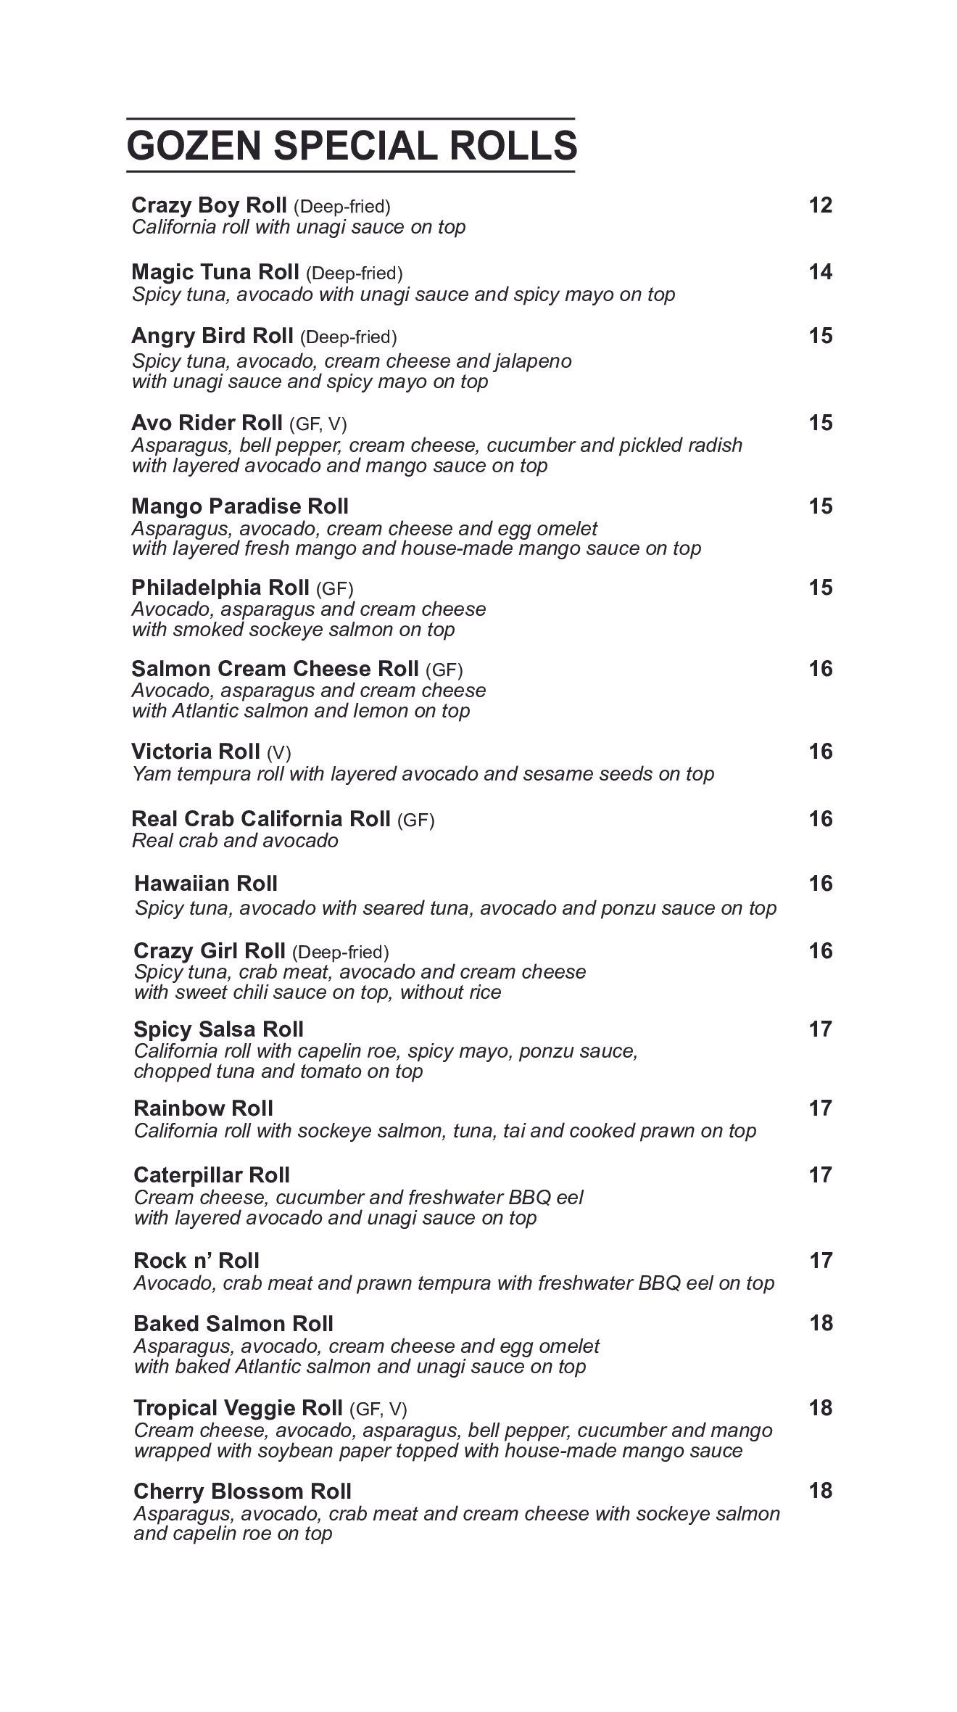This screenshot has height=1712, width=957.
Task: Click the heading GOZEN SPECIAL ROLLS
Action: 352,145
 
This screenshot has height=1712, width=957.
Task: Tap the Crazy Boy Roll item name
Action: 209,205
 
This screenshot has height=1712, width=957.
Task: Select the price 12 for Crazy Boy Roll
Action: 820,205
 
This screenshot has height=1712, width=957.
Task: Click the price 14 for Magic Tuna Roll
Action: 820,272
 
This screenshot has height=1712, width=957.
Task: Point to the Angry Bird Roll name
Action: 212,336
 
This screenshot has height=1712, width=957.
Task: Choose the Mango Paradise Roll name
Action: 240,506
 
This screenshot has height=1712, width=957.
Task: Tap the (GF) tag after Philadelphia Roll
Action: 334,588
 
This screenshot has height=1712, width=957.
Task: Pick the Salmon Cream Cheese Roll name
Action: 275,668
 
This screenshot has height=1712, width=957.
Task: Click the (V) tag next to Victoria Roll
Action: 278,752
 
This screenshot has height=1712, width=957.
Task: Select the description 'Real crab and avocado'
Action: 235,841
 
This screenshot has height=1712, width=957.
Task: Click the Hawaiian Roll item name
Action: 206,884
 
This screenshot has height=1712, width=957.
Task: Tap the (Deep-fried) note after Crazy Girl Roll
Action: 340,952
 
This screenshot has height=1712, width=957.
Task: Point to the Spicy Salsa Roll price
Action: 820,1029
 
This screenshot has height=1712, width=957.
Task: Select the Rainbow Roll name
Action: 203,1108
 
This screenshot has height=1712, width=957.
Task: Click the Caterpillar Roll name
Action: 212,1175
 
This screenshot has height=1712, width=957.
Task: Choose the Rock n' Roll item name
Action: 196,1261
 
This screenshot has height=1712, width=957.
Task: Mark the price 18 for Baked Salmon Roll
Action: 821,1323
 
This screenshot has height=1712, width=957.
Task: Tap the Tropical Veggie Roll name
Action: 238,1408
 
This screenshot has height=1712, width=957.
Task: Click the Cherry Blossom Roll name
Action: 242,1491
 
